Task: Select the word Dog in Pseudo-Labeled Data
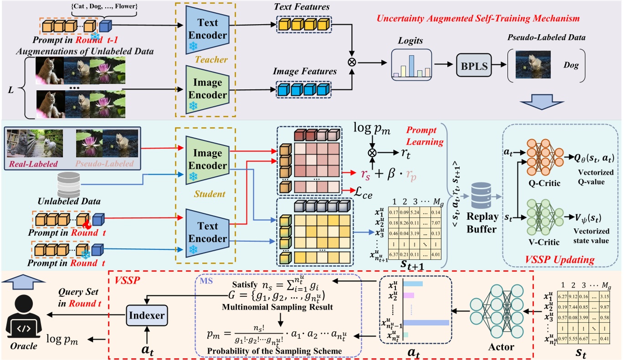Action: (x=570, y=66)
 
